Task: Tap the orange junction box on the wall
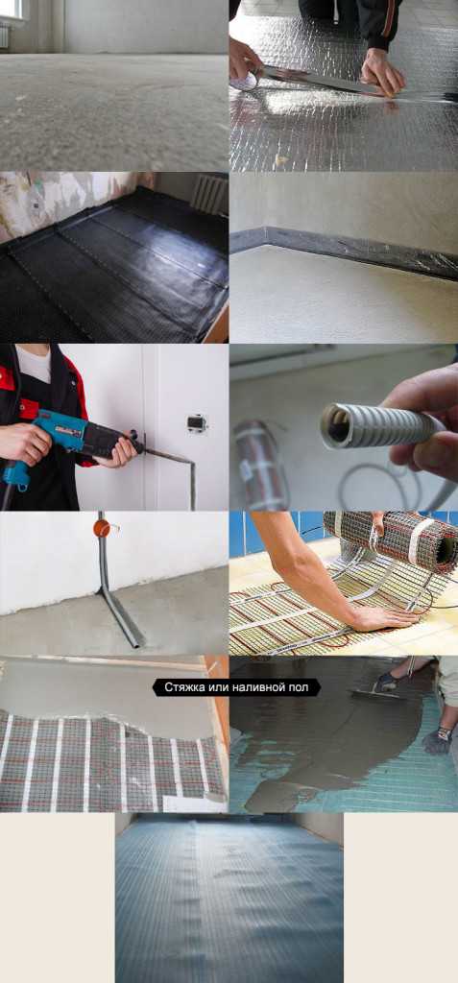101,527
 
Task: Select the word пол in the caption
299,687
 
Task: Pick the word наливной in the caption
258,687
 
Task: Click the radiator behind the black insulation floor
209,194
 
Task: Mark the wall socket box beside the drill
197,423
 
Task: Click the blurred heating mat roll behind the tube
261,464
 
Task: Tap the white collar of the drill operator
34,364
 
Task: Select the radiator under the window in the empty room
4,36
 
